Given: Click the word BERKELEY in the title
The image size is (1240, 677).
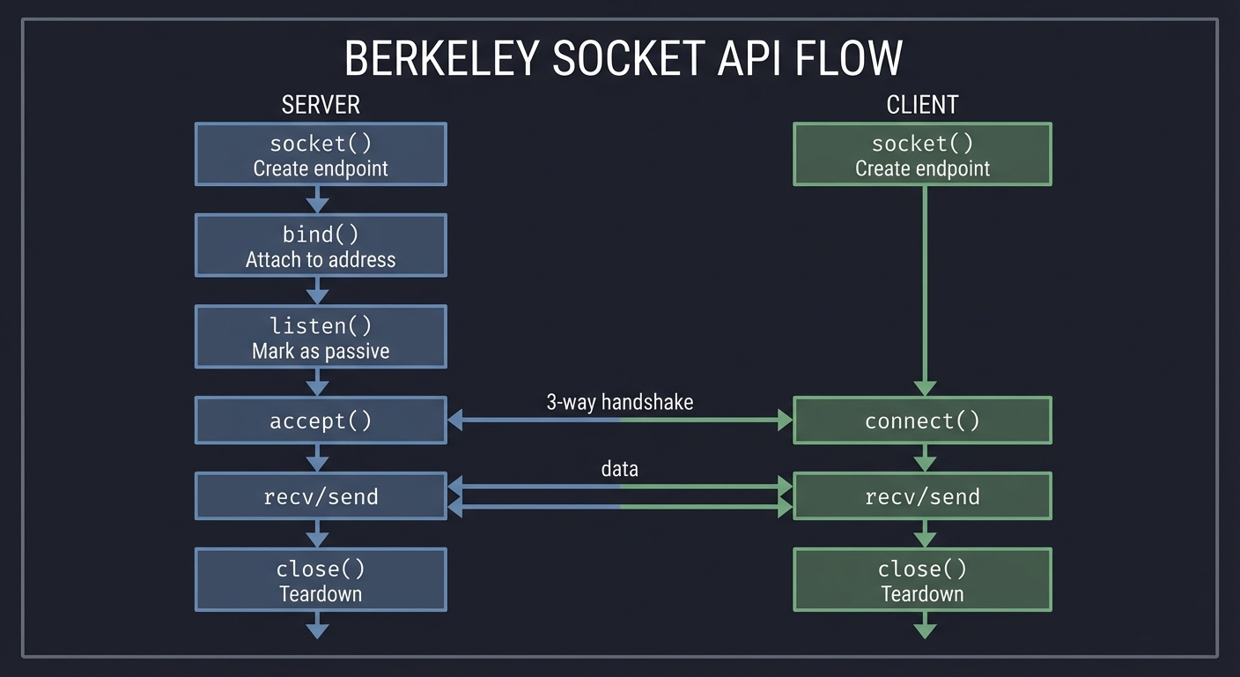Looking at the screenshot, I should coord(441,59).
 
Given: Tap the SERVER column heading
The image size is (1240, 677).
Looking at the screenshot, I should coord(321,104).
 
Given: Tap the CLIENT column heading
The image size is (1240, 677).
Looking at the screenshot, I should coord(922,104).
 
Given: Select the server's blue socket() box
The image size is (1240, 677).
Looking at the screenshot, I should coord(321,154).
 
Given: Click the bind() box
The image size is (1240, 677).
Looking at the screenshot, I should coord(321,246).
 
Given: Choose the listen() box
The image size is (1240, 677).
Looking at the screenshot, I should coord(321,337).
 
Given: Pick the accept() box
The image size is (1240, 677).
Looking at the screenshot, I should coord(321,420).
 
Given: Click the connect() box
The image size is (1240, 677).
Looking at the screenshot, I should coord(922,420).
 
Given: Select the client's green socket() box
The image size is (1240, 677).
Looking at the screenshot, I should coord(922,154).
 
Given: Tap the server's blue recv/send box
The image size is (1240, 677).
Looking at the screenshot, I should coord(321,496).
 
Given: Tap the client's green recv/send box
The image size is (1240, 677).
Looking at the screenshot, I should coord(922,496).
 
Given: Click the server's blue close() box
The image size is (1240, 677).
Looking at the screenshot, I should coord(321,580).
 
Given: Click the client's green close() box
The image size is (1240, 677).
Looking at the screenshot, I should coord(922,580).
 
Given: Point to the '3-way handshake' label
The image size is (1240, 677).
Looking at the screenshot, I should coord(620,402).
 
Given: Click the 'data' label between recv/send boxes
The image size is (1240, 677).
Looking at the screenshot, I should coord(620,469).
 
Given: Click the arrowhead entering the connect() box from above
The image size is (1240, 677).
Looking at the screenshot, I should coord(925,388).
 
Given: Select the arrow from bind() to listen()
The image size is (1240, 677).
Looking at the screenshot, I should coord(317,292).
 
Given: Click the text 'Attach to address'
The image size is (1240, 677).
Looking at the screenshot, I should coord(321,260).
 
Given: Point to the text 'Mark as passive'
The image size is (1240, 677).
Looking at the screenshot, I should coord(321,351).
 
